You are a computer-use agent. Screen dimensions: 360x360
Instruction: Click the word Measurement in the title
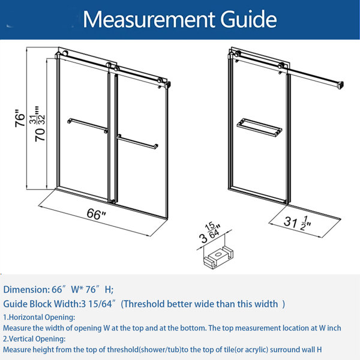click(x=148, y=20)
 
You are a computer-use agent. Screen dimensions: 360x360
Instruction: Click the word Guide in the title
click(x=248, y=19)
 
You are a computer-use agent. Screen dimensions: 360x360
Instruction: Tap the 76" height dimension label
click(x=20, y=118)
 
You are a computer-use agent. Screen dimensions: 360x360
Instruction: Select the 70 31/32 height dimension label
click(x=40, y=124)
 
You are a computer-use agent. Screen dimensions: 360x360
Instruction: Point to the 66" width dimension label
click(x=96, y=214)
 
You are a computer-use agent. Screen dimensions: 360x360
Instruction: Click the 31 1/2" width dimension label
click(x=298, y=223)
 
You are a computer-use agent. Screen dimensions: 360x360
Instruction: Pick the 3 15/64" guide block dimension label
click(x=210, y=233)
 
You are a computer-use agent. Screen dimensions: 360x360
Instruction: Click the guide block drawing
click(x=218, y=257)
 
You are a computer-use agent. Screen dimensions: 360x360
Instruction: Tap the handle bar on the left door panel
click(x=88, y=125)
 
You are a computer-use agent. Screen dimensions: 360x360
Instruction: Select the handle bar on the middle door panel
click(x=137, y=142)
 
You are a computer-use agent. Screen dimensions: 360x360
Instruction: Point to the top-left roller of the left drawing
click(x=65, y=53)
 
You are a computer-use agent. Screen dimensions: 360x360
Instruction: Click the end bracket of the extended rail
click(x=340, y=85)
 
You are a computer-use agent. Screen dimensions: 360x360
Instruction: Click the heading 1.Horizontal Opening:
click(x=39, y=317)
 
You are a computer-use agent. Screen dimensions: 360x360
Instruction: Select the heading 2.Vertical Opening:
click(x=34, y=339)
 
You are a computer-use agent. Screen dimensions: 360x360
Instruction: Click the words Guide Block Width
click(x=41, y=304)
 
